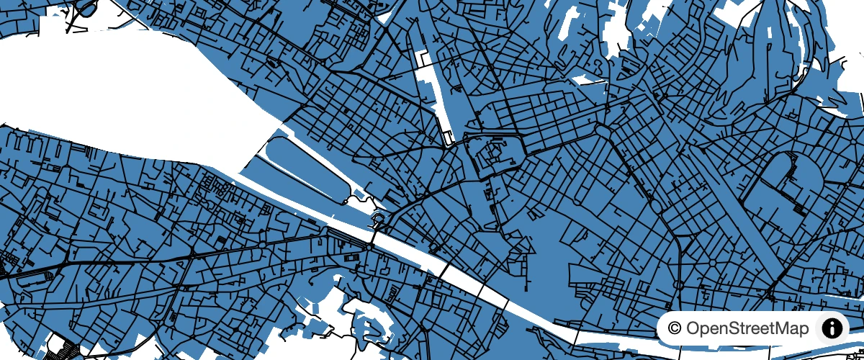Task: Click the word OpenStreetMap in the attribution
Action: click(747, 329)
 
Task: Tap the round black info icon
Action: click(832, 329)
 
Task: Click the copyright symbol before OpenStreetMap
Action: click(675, 329)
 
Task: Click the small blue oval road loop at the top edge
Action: click(86, 8)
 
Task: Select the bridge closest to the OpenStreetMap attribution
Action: click(576, 335)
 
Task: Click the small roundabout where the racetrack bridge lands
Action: click(369, 247)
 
